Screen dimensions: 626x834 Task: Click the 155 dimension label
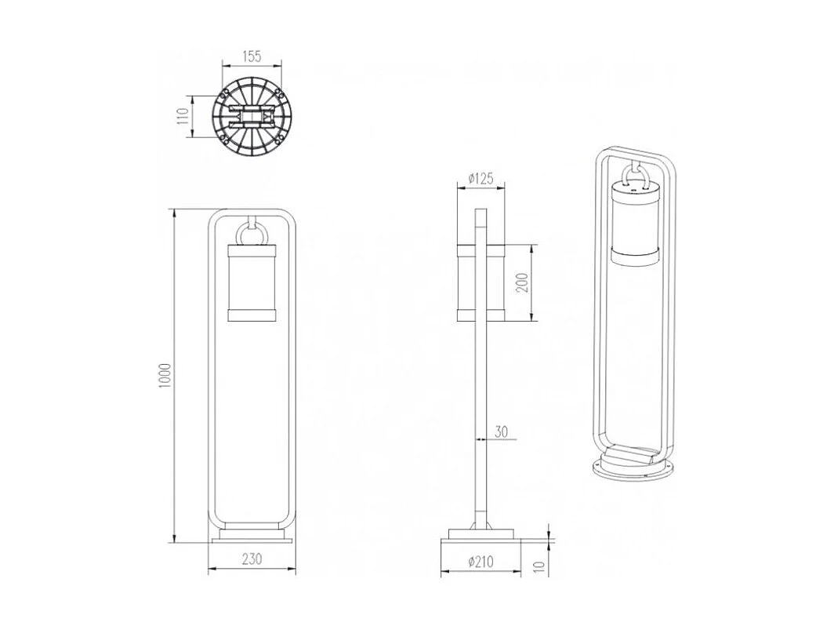251,56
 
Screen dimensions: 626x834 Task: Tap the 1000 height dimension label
164,377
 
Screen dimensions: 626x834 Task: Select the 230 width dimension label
251,559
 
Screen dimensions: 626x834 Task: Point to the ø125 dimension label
480,179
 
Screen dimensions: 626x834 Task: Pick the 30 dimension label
502,431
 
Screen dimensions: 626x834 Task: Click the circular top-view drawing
251,118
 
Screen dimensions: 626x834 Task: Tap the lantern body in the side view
480,283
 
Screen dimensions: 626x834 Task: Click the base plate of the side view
480,537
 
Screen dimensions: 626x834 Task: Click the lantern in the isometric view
636,224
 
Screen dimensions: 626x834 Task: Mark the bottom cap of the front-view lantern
252,315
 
